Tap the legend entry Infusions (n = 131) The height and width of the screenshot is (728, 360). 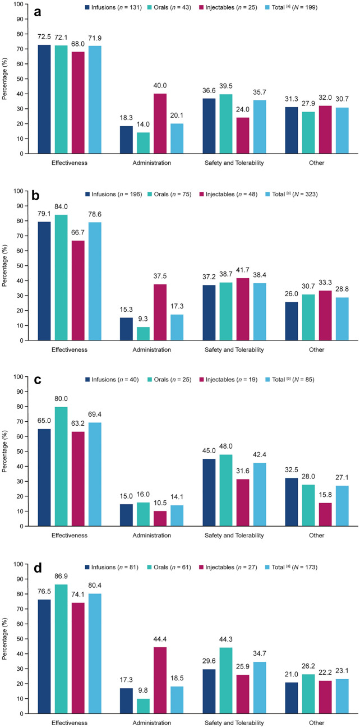tap(113, 8)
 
